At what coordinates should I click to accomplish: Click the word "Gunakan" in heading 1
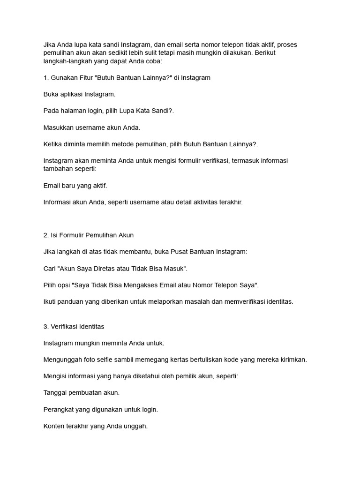pos(65,78)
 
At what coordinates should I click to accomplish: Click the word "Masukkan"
pos(58,127)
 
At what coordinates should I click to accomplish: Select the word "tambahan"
pos(58,169)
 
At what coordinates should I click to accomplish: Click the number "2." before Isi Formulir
pos(46,235)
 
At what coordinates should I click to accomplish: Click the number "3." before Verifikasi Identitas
pos(46,326)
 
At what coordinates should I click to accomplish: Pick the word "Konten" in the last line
pos(54,426)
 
